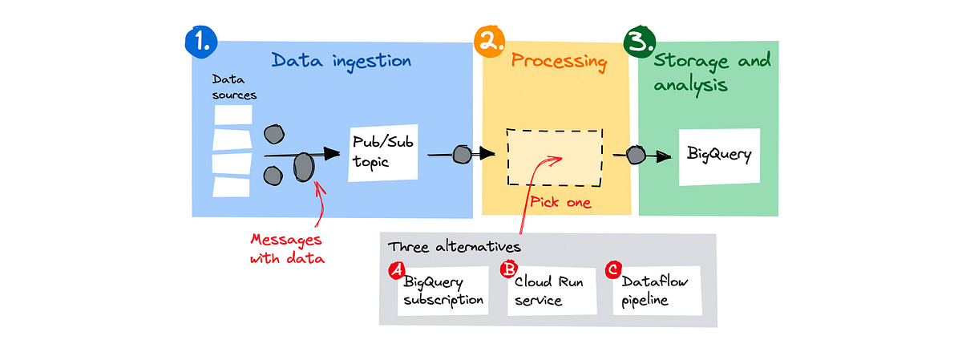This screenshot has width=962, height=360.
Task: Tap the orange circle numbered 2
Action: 487,41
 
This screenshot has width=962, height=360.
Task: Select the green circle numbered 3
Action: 640,41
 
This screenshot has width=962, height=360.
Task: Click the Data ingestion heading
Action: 342,61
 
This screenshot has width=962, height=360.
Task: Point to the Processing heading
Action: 560,62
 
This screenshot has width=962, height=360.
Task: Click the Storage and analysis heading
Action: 712,72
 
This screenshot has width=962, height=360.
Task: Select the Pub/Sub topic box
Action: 383,152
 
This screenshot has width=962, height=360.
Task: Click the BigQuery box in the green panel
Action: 719,156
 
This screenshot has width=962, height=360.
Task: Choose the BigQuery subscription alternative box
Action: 443,291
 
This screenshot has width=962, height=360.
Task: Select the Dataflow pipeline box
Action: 657,290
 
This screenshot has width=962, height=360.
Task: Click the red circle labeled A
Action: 396,271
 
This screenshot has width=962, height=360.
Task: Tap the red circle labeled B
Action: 507,270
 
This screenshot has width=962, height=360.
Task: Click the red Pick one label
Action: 561,203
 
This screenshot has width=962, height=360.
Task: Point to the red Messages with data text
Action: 287,249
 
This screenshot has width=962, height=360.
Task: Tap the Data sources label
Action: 234,88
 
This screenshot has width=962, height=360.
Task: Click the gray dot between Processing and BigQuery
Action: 636,156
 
